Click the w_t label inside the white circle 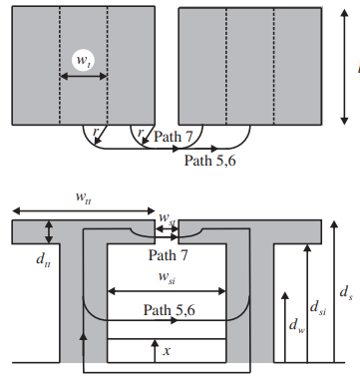[x=83, y=61]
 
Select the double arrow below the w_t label [x=84, y=77]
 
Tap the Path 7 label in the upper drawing [x=174, y=137]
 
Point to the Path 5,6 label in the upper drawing [x=210, y=161]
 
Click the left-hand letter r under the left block [x=96, y=132]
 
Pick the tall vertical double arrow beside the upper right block [x=345, y=67]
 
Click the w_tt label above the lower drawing [x=84, y=197]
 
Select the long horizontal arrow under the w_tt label [x=84, y=210]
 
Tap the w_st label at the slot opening [x=168, y=218]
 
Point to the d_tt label [x=43, y=259]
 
